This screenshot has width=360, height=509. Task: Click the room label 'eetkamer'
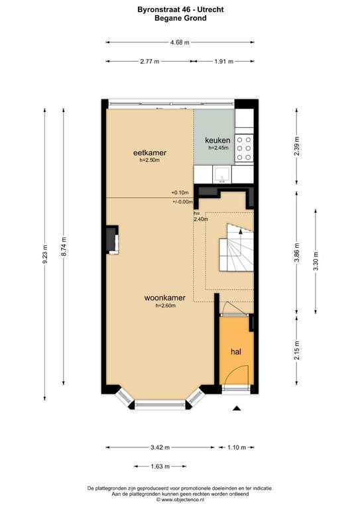(150, 152)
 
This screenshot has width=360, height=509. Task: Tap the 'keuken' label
(217, 141)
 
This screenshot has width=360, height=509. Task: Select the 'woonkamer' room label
(165, 298)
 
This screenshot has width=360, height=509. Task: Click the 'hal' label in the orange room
(236, 351)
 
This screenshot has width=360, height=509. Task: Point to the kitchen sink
(222, 175)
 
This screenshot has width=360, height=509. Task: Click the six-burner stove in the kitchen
(244, 148)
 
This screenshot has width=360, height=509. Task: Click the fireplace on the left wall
(112, 239)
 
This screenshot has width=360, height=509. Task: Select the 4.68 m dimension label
(180, 42)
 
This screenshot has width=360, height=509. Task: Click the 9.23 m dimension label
(45, 254)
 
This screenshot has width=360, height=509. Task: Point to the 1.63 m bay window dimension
(160, 467)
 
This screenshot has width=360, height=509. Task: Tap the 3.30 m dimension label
(316, 261)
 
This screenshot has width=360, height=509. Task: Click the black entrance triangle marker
(237, 408)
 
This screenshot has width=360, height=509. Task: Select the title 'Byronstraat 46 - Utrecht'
(180, 10)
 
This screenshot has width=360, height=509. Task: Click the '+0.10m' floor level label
(180, 192)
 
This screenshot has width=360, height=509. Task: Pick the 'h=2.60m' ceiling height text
(166, 306)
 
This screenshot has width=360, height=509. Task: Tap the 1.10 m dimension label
(237, 447)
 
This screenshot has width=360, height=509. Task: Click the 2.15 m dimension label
(297, 350)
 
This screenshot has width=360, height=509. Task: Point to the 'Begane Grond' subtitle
(180, 18)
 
